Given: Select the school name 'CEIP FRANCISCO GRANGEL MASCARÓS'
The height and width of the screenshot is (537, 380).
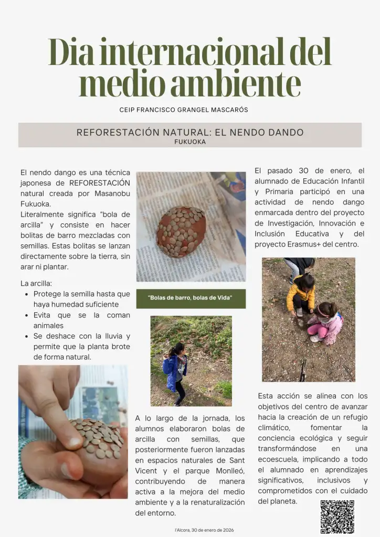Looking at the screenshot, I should pyautogui.click(x=184, y=110).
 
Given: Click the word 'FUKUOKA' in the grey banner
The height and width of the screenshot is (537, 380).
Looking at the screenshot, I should pyautogui.click(x=190, y=142).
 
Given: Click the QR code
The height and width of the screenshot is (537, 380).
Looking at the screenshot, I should pyautogui.click(x=337, y=517).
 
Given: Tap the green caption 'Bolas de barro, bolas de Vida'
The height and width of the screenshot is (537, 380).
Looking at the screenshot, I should pyautogui.click(x=190, y=298).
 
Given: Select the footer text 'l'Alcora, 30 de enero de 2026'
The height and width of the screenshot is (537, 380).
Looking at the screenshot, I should pyautogui.click(x=204, y=530).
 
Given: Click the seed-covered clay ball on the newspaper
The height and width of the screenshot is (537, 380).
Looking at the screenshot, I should pyautogui.click(x=181, y=231).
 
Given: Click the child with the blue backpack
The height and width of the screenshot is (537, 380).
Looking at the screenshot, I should pyautogui.click(x=175, y=370).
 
